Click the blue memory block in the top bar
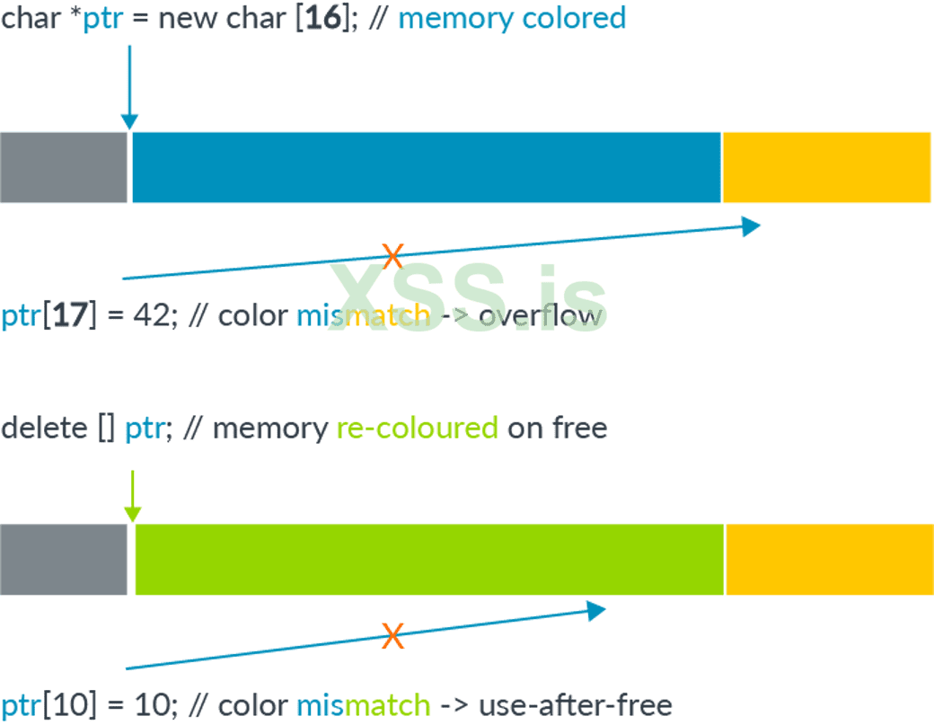[x=427, y=167]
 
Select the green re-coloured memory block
[x=429, y=559]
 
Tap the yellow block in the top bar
[x=827, y=167]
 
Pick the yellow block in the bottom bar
[x=829, y=559]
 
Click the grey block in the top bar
[x=63, y=167]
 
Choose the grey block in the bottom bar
[x=63, y=559]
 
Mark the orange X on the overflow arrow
[x=392, y=256]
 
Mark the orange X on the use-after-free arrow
[x=392, y=635]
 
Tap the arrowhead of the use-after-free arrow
[x=596, y=611]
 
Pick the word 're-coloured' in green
[x=417, y=428]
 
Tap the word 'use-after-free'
[x=575, y=705]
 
